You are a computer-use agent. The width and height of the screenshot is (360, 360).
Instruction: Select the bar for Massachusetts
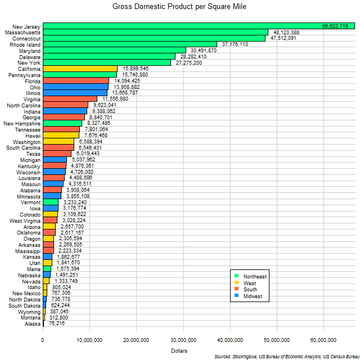point(155,32)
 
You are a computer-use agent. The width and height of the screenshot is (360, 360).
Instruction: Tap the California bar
point(80,69)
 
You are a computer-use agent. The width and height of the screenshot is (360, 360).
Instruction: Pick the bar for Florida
point(76,80)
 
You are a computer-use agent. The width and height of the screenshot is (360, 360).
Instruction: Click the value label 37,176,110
point(235,44)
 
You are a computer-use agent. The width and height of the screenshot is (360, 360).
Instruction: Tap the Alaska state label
point(33,324)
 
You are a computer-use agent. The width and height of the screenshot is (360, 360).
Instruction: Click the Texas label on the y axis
point(33,154)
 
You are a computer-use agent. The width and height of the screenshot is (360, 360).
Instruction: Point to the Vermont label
point(31,202)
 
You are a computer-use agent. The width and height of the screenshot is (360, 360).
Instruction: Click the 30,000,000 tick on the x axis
point(183,339)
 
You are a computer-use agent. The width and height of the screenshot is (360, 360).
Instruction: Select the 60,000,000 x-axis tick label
point(323,339)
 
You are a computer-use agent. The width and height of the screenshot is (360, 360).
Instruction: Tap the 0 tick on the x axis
point(43,339)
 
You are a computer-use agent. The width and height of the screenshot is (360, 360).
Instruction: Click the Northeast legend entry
point(254,276)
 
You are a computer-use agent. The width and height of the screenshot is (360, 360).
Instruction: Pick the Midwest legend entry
point(252,296)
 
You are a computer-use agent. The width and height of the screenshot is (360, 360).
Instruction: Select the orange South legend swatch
point(237,290)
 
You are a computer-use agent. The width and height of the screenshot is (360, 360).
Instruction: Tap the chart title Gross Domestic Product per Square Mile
point(179,7)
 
